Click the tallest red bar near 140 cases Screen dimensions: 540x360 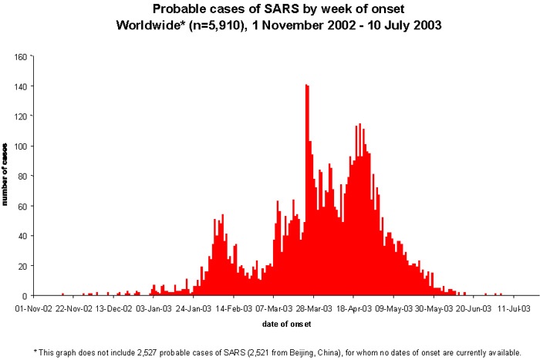[306, 190]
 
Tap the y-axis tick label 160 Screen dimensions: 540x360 [21, 56]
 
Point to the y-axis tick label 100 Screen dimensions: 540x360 [21, 146]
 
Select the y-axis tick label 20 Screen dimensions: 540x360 [22, 266]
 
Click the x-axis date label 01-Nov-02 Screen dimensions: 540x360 [33, 308]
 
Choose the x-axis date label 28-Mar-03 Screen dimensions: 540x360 [314, 308]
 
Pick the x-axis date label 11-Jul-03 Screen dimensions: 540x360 [514, 308]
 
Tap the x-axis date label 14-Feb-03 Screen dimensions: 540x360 [234, 308]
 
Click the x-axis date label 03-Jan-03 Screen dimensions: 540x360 [154, 308]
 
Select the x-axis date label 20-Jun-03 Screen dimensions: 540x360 [474, 308]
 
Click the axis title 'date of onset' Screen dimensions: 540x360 [286, 324]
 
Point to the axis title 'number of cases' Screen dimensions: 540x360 [5, 174]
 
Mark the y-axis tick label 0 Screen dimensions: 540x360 [25, 296]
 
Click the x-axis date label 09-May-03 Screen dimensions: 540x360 [393, 308]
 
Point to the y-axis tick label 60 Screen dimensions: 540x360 [22, 206]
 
